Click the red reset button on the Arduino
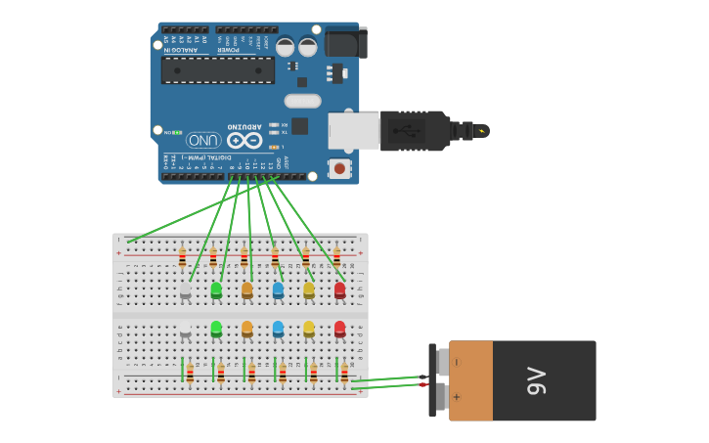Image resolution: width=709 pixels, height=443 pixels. click(x=339, y=168)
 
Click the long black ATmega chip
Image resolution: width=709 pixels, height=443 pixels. click(x=218, y=69)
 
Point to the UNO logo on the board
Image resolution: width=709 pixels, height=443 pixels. click(x=203, y=140)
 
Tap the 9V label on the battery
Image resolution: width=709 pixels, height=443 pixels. click(x=537, y=380)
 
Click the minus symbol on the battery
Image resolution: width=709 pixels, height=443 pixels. click(x=457, y=362)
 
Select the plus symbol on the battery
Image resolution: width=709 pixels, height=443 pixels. click(x=457, y=397)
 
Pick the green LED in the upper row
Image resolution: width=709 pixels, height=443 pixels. click(x=216, y=289)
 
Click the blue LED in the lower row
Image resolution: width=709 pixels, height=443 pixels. click(x=278, y=329)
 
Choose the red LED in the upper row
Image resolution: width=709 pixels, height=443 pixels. click(x=339, y=289)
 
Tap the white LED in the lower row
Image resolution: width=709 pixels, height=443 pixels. click(x=185, y=330)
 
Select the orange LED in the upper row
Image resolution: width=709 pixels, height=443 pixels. click(x=246, y=289)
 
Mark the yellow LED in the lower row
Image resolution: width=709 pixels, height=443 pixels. click(x=309, y=329)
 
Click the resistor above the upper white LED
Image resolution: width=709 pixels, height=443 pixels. click(x=182, y=257)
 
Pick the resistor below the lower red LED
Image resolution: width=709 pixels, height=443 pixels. click(x=344, y=373)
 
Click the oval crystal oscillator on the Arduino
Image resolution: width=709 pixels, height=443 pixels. click(x=302, y=101)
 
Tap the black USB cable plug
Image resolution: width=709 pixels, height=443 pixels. click(x=415, y=130)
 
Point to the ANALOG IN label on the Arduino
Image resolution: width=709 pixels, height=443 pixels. click(x=181, y=49)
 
